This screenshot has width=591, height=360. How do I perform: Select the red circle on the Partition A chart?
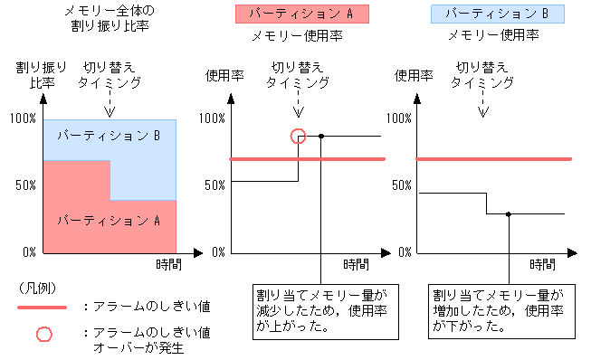click(x=298, y=136)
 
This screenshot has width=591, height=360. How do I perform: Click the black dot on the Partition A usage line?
click(x=322, y=136)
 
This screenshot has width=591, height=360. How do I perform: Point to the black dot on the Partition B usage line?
click(x=509, y=214)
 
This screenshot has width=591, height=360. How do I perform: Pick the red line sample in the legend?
click(x=43, y=308)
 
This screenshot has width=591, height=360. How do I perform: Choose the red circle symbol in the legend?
click(x=43, y=334)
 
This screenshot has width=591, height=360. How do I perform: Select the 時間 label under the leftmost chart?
click(x=167, y=263)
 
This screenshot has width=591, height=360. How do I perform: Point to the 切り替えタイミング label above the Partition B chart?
click(x=482, y=74)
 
